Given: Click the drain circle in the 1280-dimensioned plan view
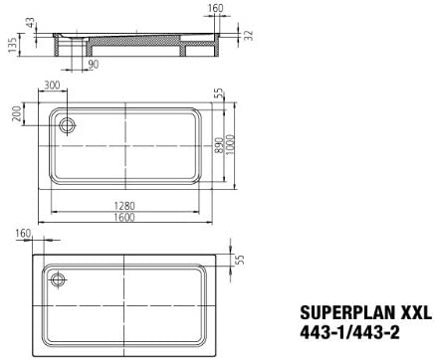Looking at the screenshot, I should click(69, 124).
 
